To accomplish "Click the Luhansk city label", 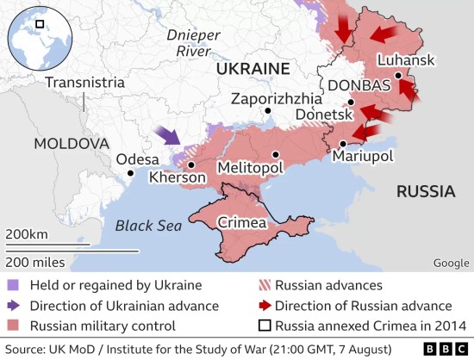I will click(x=406, y=61).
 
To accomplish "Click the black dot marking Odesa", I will click(x=130, y=173).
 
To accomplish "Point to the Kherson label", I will click(x=178, y=177).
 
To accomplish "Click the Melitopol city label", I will click(x=250, y=166).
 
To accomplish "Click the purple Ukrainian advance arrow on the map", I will click(x=166, y=134).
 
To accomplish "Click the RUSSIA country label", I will click(x=426, y=190).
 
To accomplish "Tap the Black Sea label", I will click(x=148, y=226).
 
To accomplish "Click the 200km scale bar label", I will click(x=27, y=235).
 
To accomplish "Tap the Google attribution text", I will click(x=451, y=263).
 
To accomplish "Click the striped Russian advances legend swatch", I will click(x=265, y=285).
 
